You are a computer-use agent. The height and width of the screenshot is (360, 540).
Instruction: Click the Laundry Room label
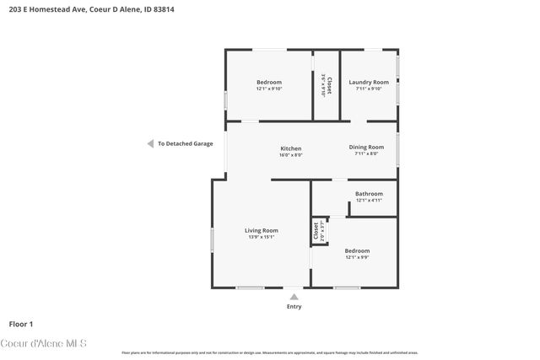click(369, 82)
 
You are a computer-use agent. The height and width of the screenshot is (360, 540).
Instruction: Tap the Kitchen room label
click(291, 148)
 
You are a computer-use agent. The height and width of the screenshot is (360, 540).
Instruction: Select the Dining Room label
click(366, 148)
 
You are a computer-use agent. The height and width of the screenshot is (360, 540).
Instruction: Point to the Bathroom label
click(369, 194)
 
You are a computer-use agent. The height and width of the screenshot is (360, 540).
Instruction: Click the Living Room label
click(261, 230)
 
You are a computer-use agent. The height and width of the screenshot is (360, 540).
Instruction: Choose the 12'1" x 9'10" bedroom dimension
click(269, 89)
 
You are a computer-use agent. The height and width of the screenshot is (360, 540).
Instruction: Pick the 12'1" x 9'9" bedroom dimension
click(357, 257)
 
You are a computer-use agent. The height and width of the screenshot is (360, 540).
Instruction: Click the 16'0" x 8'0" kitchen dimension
click(291, 155)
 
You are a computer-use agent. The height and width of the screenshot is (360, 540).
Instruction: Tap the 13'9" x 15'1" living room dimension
click(261, 237)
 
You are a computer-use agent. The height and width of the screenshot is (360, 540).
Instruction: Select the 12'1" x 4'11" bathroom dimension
click(369, 201)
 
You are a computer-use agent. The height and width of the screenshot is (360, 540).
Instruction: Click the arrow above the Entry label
click(293, 296)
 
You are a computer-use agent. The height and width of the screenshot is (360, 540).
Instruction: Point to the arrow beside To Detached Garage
click(150, 143)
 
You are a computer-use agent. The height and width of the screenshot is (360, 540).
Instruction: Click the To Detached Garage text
click(186, 144)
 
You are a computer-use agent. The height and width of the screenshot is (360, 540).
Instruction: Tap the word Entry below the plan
click(293, 306)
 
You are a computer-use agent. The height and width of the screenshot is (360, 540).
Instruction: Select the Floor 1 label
click(21, 324)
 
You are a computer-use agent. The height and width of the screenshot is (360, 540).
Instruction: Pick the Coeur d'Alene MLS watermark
click(49, 343)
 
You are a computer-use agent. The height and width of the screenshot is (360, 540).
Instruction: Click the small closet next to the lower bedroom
click(319, 231)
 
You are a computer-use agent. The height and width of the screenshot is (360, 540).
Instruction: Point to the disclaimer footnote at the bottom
click(270, 353)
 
